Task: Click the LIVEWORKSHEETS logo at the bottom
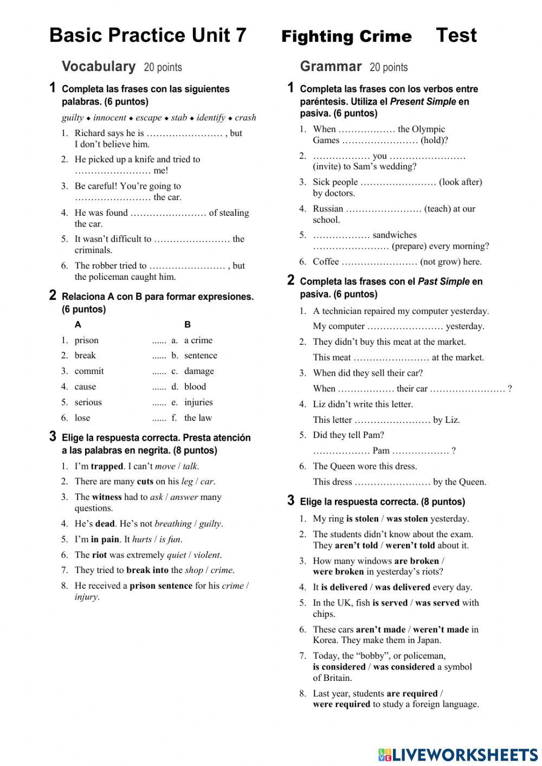click(458, 755)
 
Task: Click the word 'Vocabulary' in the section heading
click(99, 67)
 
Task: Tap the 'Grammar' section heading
click(331, 67)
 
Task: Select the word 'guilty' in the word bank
click(73, 118)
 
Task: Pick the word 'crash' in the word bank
click(246, 118)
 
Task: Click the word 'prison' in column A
click(87, 340)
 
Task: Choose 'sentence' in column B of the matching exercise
click(201, 356)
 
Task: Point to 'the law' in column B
click(198, 418)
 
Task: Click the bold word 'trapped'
click(107, 466)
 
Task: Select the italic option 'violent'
click(207, 555)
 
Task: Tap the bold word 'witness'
click(107, 497)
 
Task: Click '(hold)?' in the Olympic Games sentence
click(435, 140)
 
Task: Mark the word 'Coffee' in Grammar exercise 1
click(326, 262)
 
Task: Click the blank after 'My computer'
click(405, 326)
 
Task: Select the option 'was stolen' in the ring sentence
click(407, 519)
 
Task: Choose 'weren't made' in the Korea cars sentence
click(441, 629)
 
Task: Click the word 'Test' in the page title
click(456, 36)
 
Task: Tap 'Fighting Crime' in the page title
click(346, 37)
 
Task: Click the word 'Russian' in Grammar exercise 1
click(328, 209)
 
